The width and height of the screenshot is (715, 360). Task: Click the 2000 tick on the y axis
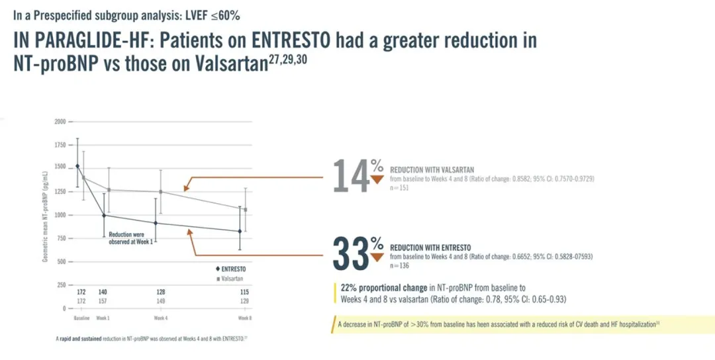click(60, 122)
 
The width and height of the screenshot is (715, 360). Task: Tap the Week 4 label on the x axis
click(161, 318)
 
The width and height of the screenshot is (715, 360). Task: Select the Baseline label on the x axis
click(81, 318)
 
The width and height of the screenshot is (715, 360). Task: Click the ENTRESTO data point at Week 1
click(103, 215)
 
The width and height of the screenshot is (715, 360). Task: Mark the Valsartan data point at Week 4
click(161, 192)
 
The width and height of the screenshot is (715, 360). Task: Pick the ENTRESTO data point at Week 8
click(240, 231)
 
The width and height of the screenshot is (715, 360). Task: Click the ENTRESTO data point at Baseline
click(77, 166)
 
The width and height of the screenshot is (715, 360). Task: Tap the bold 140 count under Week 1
click(103, 292)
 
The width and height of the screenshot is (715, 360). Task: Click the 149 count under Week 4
click(161, 301)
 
